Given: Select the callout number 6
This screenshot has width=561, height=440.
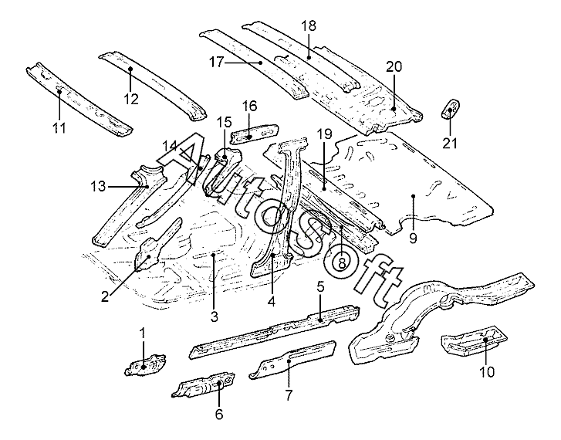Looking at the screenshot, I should [x=219, y=414].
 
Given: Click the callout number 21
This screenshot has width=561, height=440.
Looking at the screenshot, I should [x=449, y=143].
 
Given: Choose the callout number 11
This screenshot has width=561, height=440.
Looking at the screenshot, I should [x=59, y=127].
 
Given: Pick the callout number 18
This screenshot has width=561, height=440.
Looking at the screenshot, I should [x=309, y=25].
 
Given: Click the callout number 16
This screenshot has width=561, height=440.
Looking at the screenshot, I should [x=249, y=106].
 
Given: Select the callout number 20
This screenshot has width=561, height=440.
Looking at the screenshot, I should [x=394, y=68].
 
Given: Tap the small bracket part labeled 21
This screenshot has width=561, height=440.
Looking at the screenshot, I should [x=450, y=109].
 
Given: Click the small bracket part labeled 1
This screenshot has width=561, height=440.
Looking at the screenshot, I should [x=144, y=364].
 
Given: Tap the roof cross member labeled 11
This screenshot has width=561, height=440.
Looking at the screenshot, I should [x=77, y=96].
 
